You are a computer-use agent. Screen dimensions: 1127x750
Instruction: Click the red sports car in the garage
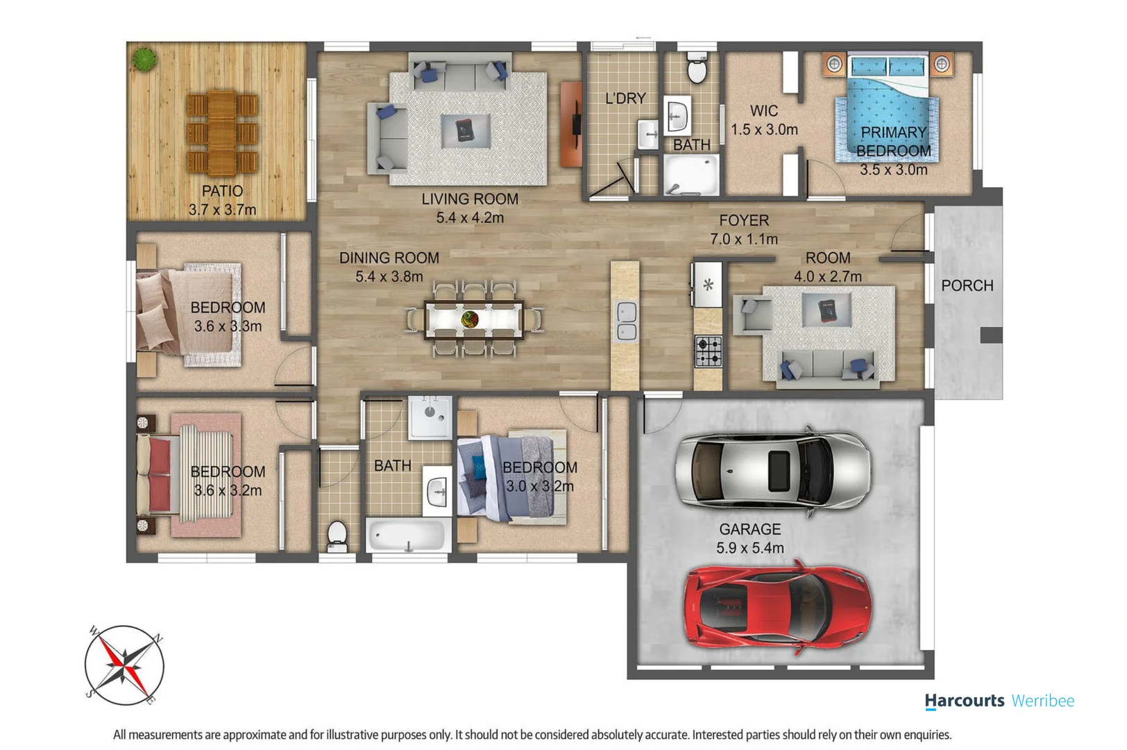778,608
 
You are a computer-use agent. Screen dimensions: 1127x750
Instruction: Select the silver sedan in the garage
773,471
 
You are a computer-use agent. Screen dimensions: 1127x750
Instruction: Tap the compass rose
124,665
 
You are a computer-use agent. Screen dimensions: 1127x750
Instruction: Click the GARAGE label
749,529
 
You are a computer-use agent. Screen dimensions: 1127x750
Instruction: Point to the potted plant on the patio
144,59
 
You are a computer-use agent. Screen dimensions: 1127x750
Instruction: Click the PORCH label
967,285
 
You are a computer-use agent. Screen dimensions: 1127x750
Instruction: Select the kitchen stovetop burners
709,351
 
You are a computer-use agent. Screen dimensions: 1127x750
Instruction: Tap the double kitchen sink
627,321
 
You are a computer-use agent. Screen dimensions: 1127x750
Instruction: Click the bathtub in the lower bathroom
408,535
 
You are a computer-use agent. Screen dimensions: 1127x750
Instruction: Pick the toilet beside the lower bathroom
337,537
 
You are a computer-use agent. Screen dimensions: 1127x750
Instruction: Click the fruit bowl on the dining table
469,319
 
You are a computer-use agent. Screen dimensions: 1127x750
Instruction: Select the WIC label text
764,110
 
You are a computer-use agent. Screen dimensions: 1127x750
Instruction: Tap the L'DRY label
625,98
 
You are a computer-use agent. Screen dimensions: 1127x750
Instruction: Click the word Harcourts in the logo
965,701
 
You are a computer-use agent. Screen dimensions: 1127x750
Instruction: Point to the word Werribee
1042,701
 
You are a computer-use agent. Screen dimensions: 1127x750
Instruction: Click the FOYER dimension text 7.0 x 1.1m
744,239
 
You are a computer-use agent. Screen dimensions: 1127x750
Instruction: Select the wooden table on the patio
222,133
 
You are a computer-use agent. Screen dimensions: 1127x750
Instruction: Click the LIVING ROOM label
469,199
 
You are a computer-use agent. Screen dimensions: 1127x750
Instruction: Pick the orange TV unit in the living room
571,124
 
